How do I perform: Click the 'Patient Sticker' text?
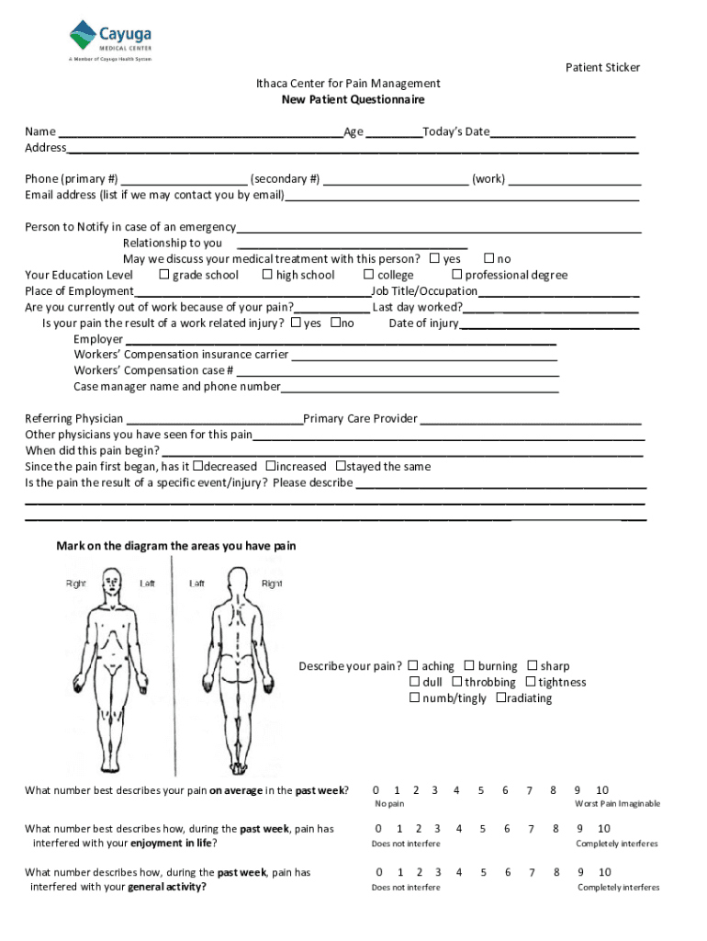(602, 67)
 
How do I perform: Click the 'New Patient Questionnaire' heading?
(353, 99)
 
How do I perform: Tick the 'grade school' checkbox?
(164, 275)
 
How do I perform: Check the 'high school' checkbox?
(267, 275)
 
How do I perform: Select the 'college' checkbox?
(369, 275)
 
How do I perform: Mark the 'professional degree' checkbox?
(456, 275)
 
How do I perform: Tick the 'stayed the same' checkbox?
(341, 466)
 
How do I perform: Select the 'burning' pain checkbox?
(469, 666)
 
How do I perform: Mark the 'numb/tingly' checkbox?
(414, 697)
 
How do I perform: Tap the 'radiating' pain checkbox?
(500, 697)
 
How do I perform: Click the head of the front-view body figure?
(112, 581)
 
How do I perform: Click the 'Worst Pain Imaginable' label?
(617, 804)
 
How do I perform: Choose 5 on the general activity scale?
(481, 872)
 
